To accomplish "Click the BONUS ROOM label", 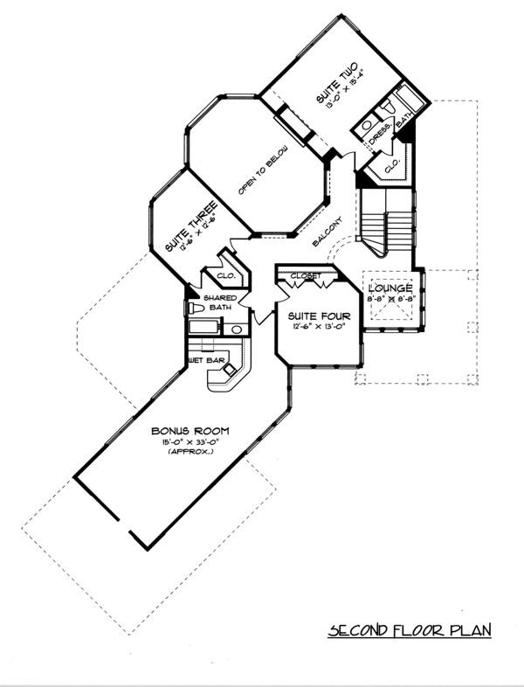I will click(x=190, y=432).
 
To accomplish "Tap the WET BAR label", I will click(x=202, y=359).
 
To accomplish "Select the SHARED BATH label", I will click(x=216, y=302).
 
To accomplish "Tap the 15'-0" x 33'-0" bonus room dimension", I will click(x=190, y=443).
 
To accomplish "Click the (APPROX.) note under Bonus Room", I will click(x=190, y=453).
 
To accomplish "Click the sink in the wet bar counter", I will click(x=229, y=370).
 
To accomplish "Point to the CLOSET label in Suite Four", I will click(x=304, y=276).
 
